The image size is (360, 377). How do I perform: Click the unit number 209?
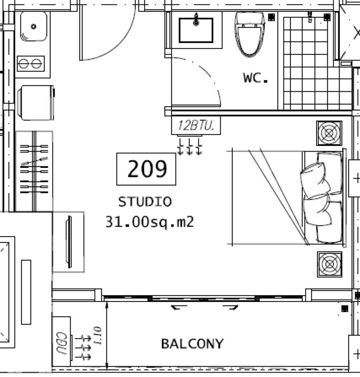(x=147, y=169)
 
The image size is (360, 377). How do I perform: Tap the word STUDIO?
(x=145, y=202)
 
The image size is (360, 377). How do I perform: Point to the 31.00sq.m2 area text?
(x=149, y=222)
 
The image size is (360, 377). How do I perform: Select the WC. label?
(x=255, y=78)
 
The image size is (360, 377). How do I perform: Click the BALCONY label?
(x=192, y=344)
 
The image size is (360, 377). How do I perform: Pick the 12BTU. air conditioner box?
(x=196, y=126)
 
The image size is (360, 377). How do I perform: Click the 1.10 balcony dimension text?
(x=98, y=336)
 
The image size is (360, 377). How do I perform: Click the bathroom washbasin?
(x=196, y=30)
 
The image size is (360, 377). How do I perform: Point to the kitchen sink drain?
(x=33, y=27)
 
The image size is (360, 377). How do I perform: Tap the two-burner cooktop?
(x=31, y=64)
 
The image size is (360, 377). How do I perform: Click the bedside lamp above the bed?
(x=329, y=133)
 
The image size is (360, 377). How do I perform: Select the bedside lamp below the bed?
(x=329, y=264)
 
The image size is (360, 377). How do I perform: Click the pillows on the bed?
(x=321, y=198)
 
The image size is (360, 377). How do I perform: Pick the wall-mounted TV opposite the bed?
(x=69, y=242)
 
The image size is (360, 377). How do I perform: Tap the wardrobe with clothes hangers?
(x=34, y=171)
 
